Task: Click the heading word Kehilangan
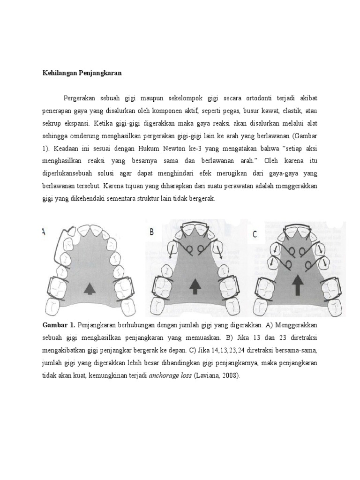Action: (x=55, y=73)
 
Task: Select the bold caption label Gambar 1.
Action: (x=58, y=324)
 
